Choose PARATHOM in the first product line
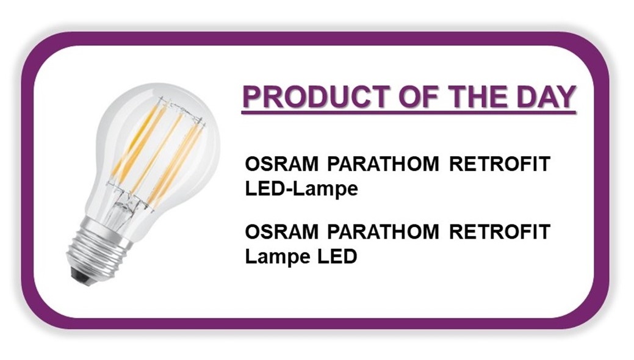(x=383, y=164)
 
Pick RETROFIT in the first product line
(x=500, y=164)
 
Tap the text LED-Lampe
(x=301, y=189)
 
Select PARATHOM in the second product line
(x=383, y=232)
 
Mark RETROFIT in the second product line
(x=500, y=232)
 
